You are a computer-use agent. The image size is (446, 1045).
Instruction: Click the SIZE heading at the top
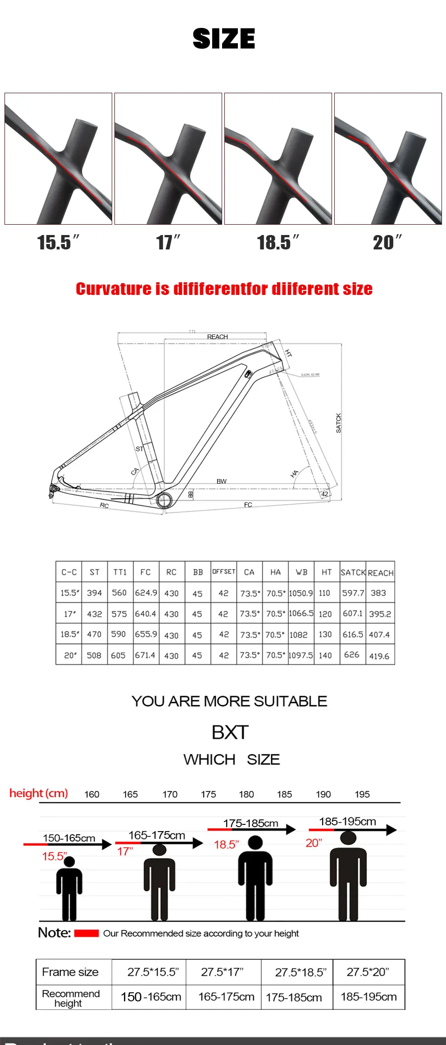223,39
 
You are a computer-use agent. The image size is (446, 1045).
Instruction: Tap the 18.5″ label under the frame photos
278,243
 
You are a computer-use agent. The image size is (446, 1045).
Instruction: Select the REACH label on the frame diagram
217,337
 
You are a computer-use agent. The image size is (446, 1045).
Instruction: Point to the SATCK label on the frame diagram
338,423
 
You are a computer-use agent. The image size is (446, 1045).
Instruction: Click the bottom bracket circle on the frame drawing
164,499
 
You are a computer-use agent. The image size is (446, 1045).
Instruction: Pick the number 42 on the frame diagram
324,494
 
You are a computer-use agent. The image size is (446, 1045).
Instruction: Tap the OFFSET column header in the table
224,571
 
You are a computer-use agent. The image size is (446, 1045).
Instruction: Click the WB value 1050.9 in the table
300,593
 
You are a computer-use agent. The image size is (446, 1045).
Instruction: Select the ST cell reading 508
94,655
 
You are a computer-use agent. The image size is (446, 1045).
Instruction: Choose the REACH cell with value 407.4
379,635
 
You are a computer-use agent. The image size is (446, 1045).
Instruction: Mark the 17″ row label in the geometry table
70,614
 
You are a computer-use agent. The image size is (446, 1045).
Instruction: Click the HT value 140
325,655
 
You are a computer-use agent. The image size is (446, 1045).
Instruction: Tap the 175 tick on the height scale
208,794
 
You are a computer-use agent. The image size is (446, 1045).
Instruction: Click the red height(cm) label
39,793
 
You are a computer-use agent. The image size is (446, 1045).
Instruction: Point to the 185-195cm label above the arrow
347,821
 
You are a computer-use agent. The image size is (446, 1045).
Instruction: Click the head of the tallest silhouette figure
348,838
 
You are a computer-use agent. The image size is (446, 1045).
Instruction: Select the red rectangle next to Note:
86,933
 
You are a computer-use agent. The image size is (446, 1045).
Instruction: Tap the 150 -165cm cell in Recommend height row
151,997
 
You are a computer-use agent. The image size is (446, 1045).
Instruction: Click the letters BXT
230,733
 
